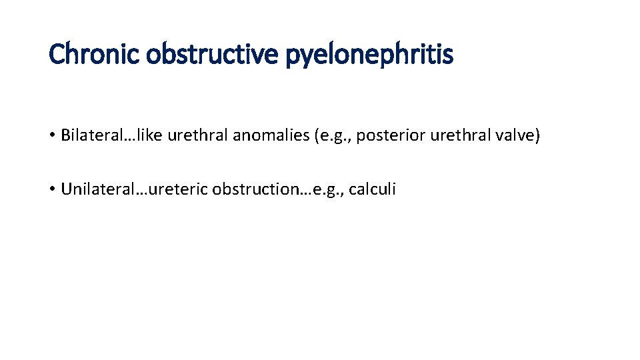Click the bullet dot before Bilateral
[51, 136]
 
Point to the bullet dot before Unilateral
[51, 189]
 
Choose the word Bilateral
[87, 136]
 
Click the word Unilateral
[93, 189]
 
